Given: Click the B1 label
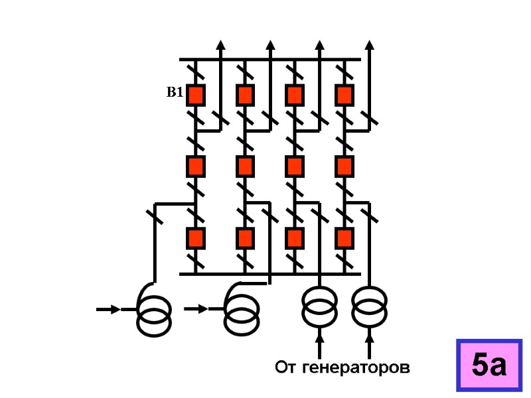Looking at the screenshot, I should tap(174, 94).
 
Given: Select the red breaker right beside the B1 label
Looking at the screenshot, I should tap(195, 95).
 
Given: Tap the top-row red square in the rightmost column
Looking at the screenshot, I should tap(344, 95).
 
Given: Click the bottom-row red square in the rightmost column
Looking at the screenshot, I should tap(344, 237).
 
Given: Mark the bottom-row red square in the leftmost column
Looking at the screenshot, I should tap(195, 237).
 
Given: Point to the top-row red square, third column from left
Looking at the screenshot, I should tap(294, 95).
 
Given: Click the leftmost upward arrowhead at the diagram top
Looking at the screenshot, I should tap(220, 44).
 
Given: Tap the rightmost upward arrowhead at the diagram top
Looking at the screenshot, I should tap(370, 44).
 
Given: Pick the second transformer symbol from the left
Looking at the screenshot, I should tap(242, 309).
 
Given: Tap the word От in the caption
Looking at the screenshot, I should tap(286, 367).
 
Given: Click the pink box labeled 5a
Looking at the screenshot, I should tap(489, 364).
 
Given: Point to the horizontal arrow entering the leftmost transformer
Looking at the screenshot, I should tap(108, 309).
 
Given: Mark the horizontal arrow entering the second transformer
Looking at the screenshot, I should tap(196, 309).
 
